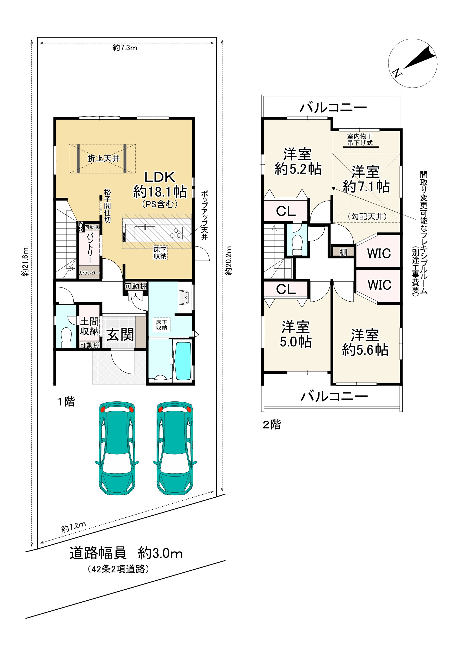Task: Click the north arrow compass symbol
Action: (412, 63)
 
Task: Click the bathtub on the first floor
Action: (183, 361)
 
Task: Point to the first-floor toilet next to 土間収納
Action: (66, 337)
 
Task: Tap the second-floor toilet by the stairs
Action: (297, 244)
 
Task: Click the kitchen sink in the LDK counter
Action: (145, 233)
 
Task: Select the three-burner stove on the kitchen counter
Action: (176, 233)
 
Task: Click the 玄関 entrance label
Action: (120, 334)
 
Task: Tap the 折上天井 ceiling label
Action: (104, 158)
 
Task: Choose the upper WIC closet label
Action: (379, 253)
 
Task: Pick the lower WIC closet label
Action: (379, 285)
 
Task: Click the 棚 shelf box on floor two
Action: (343, 252)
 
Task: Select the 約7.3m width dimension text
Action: (125, 48)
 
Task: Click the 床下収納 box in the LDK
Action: (160, 253)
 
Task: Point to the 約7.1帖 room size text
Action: (366, 186)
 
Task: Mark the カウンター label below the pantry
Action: (89, 273)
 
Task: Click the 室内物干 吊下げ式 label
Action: (360, 139)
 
